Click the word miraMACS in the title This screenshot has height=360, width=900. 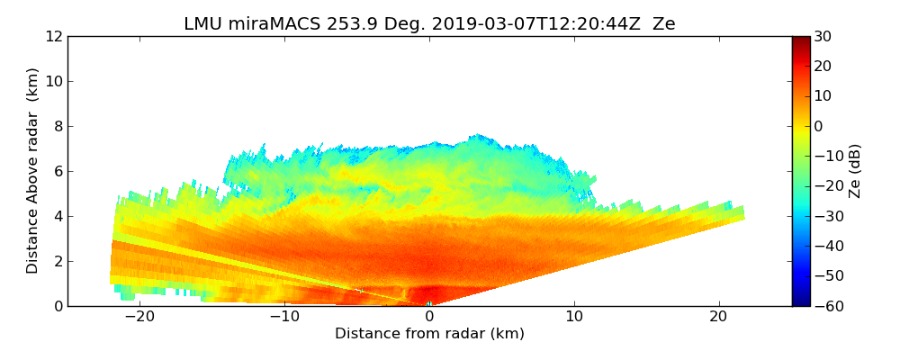[x=269, y=24]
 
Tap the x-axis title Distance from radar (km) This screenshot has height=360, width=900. [x=429, y=334]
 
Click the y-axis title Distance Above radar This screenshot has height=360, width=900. [x=33, y=170]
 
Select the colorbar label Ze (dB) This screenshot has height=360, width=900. [x=855, y=170]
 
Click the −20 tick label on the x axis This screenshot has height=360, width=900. [x=139, y=317]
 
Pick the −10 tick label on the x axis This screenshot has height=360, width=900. [x=284, y=317]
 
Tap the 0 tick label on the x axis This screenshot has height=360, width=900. [x=429, y=317]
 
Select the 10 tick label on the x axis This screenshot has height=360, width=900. [x=574, y=317]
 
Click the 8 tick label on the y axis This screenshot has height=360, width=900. [x=57, y=126]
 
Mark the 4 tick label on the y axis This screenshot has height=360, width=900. [x=57, y=216]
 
